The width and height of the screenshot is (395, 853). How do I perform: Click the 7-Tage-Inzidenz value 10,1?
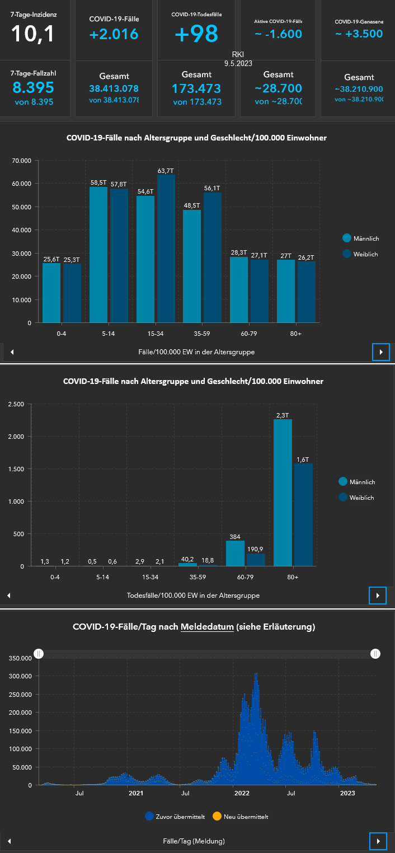point(33,34)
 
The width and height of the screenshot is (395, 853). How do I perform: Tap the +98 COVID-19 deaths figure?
point(196,34)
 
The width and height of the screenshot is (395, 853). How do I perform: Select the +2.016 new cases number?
point(114,34)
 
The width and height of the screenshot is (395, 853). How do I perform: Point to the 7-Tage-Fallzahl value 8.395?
point(33,87)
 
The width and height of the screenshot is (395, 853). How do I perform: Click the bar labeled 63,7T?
point(166,249)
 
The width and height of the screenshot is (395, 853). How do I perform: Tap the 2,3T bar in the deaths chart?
point(283,493)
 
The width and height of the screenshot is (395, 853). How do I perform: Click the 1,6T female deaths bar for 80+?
point(303,514)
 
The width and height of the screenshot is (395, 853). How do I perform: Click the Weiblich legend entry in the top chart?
point(360,254)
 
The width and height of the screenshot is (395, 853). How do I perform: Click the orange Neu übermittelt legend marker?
point(217,816)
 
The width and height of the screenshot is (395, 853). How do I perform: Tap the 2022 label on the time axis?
point(242,793)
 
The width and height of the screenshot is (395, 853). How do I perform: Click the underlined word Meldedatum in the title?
point(206,627)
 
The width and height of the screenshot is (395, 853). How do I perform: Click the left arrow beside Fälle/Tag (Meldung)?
point(9,841)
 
